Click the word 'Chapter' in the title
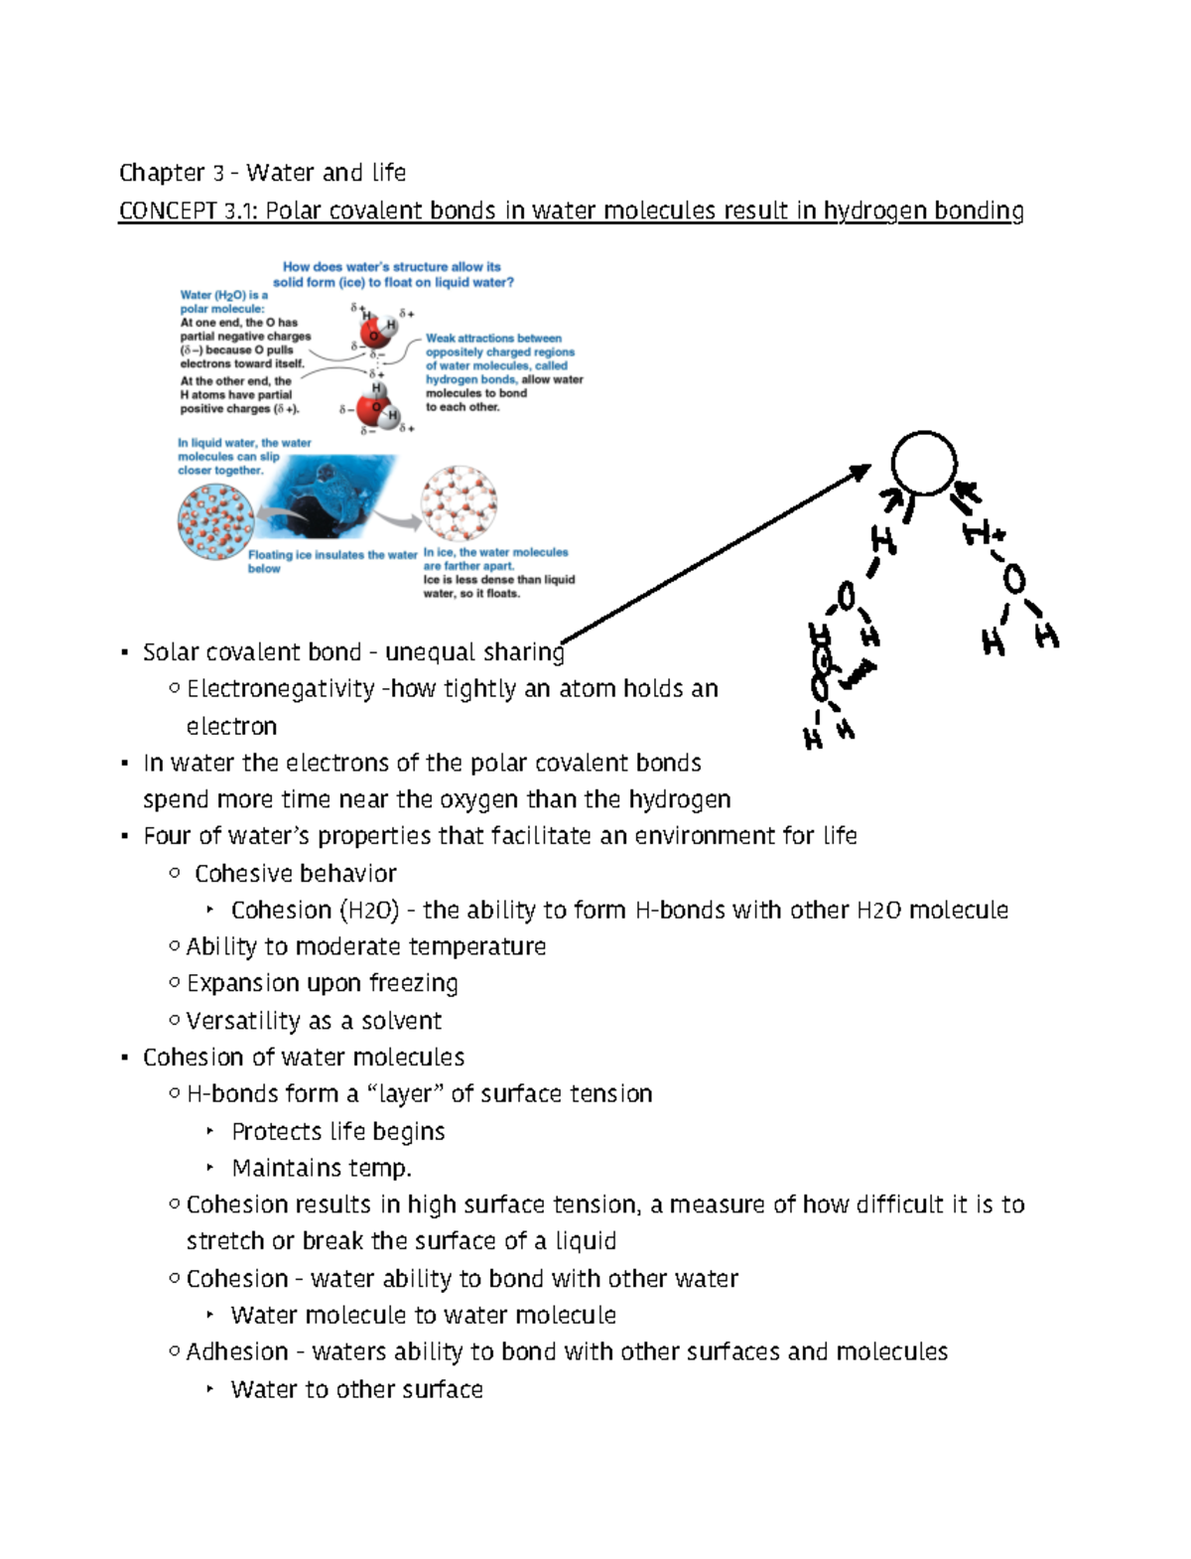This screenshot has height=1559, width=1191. click(x=161, y=173)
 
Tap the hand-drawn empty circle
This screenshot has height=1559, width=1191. click(x=923, y=463)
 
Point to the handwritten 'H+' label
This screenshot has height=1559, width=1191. click(x=984, y=534)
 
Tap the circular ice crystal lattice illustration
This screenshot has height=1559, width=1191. click(x=459, y=503)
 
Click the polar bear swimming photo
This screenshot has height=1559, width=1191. click(x=328, y=496)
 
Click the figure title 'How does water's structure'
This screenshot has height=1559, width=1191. click(x=392, y=267)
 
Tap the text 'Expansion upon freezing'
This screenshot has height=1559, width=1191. click(x=322, y=983)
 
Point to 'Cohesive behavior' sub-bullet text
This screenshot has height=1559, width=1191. click(x=295, y=874)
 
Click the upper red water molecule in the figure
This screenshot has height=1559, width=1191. click(x=374, y=332)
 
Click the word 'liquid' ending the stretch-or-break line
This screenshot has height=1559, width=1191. click(x=585, y=1241)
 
